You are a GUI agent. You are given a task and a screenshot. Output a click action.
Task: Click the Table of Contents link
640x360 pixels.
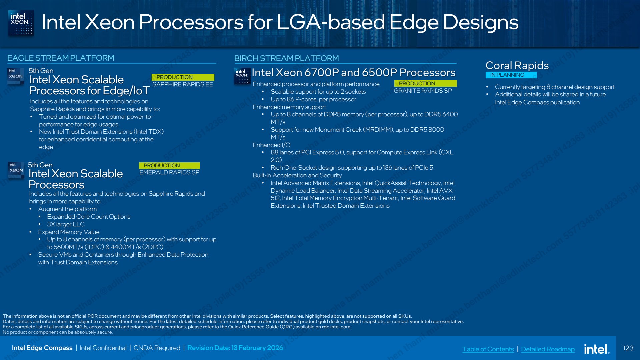click(488, 349)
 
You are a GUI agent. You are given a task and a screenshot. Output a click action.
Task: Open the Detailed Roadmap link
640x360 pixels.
click(548, 349)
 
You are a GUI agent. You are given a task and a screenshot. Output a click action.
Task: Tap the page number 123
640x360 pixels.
click(628, 348)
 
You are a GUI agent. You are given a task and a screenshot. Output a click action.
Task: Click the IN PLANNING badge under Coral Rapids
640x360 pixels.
click(511, 75)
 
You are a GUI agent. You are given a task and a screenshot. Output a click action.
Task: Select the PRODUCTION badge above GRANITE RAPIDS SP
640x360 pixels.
click(425, 83)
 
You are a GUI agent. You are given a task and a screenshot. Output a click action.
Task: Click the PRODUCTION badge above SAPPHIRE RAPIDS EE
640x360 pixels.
click(183, 77)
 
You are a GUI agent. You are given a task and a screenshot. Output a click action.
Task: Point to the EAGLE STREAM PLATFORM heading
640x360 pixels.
click(61, 58)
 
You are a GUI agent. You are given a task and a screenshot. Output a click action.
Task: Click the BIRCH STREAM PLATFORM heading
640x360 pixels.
click(287, 58)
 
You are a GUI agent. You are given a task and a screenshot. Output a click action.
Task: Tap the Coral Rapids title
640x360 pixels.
click(517, 65)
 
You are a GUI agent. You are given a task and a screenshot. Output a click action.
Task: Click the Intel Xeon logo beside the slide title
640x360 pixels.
click(21, 23)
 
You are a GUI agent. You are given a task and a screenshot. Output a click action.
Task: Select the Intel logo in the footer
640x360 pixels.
click(597, 349)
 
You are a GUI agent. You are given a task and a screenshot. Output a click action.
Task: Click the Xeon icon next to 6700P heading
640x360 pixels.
click(242, 76)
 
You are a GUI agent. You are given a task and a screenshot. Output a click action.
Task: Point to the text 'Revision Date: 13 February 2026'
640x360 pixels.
click(235, 348)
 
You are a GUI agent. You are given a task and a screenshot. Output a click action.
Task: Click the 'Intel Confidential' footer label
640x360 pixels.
click(103, 348)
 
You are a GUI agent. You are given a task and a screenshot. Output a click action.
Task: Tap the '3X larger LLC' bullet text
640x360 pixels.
click(66, 224)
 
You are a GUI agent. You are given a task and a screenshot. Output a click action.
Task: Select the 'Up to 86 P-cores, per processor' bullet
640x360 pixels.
click(313, 99)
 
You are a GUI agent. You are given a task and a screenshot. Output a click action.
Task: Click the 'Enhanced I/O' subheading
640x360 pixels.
click(271, 145)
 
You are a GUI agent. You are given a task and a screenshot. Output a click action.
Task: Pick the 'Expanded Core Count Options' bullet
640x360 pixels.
click(89, 217)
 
